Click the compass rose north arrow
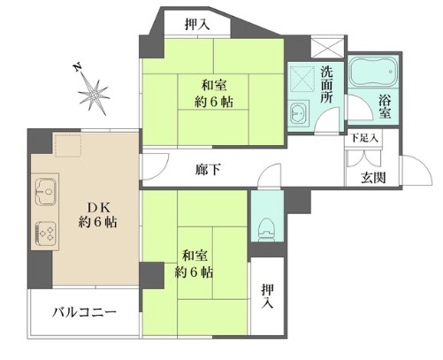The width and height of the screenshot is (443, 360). (92, 91)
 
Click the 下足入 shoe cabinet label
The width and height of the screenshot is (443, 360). (362, 138)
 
